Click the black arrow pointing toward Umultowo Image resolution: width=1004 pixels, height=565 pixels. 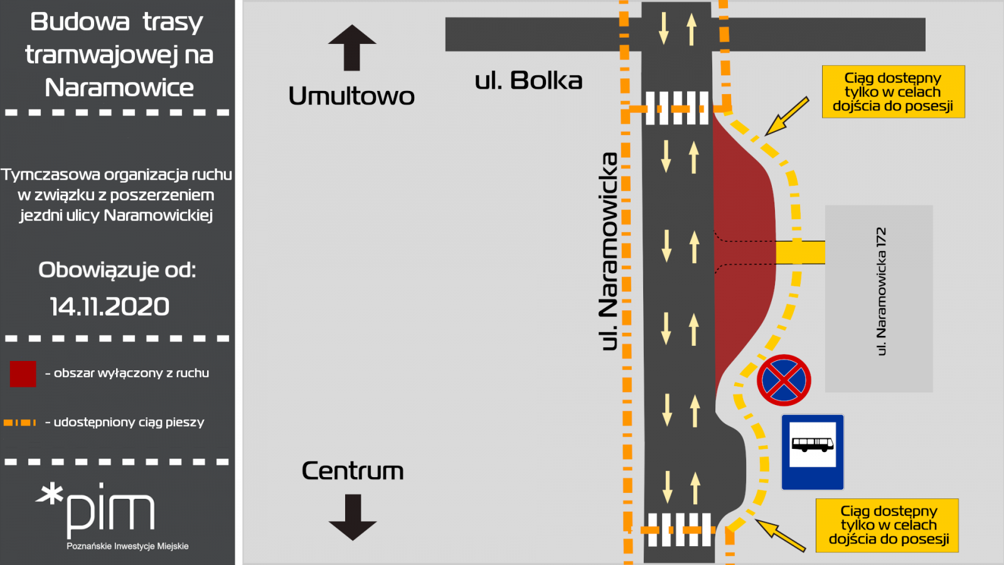tap(352, 48)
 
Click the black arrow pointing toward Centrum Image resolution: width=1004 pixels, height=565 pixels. tap(353, 517)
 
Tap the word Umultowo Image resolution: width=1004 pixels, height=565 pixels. tap(351, 96)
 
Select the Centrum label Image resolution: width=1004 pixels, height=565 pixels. tap(353, 471)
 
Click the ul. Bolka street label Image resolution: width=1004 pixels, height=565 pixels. tap(528, 81)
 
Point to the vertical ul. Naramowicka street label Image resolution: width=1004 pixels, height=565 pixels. tap(608, 251)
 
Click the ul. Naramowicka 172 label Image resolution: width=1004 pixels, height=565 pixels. tap(881, 291)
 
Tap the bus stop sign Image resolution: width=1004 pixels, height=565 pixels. tap(813, 452)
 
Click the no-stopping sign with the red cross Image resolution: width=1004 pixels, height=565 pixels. tap(784, 380)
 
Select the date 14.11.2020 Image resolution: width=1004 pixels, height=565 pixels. tap(110, 307)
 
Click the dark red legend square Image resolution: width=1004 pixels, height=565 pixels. tap(23, 374)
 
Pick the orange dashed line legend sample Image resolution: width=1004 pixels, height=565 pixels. tap(19, 422)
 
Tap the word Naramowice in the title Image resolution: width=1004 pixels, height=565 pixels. tap(119, 87)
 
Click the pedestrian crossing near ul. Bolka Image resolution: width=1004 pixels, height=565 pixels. tap(677, 108)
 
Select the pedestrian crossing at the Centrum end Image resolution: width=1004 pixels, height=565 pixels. tap(680, 530)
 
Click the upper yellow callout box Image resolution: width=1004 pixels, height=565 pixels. tap(894, 92)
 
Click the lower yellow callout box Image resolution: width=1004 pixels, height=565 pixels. tap(887, 525)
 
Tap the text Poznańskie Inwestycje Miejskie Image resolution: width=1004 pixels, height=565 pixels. tap(128, 546)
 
